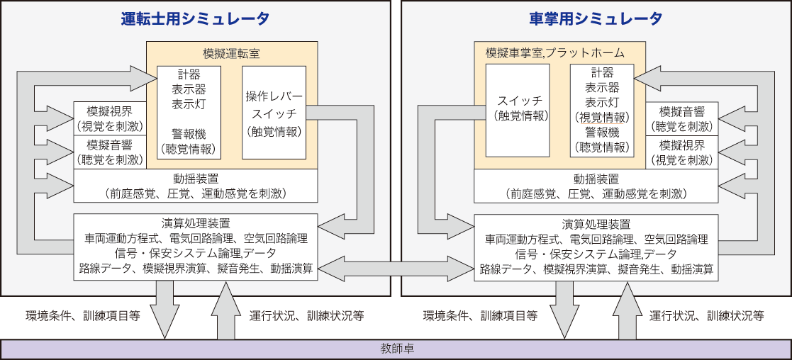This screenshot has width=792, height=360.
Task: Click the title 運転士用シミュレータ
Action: pyautogui.click(x=195, y=19)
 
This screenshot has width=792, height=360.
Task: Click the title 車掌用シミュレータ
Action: pyautogui.click(x=596, y=19)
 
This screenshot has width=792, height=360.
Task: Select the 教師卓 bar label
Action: pyautogui.click(x=396, y=349)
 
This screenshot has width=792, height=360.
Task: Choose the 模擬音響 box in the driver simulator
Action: pyautogui.click(x=109, y=152)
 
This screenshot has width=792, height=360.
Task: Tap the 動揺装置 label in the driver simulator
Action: pyautogui.click(x=195, y=179)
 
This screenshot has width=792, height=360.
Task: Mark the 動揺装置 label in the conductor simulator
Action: pyautogui.click(x=596, y=179)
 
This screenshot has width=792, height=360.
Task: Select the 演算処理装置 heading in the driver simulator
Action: pyautogui.click(x=195, y=224)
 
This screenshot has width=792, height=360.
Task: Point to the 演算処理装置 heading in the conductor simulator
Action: pyautogui.click(x=596, y=224)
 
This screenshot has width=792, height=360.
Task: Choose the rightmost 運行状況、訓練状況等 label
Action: pyautogui.click(x=706, y=316)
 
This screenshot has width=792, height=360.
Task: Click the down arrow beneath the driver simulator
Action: pyautogui.click(x=164, y=309)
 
